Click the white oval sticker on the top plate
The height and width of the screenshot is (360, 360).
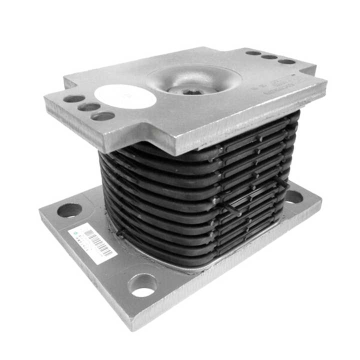pos(125,96)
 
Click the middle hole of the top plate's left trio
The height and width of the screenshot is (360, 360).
pos(88,107)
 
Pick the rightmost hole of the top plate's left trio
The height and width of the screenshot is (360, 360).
pos(103,116)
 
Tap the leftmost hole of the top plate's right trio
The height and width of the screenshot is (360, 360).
pos(253,52)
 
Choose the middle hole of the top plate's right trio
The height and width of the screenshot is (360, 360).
pos(269,57)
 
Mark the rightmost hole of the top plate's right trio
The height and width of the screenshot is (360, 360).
pos(286,61)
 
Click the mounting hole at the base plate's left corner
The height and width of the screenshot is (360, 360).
pos(69,210)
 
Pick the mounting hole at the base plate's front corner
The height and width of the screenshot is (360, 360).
pos(142,285)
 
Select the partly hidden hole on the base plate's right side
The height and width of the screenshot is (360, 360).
pos(294,197)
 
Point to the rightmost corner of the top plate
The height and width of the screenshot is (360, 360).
pos(326,82)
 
